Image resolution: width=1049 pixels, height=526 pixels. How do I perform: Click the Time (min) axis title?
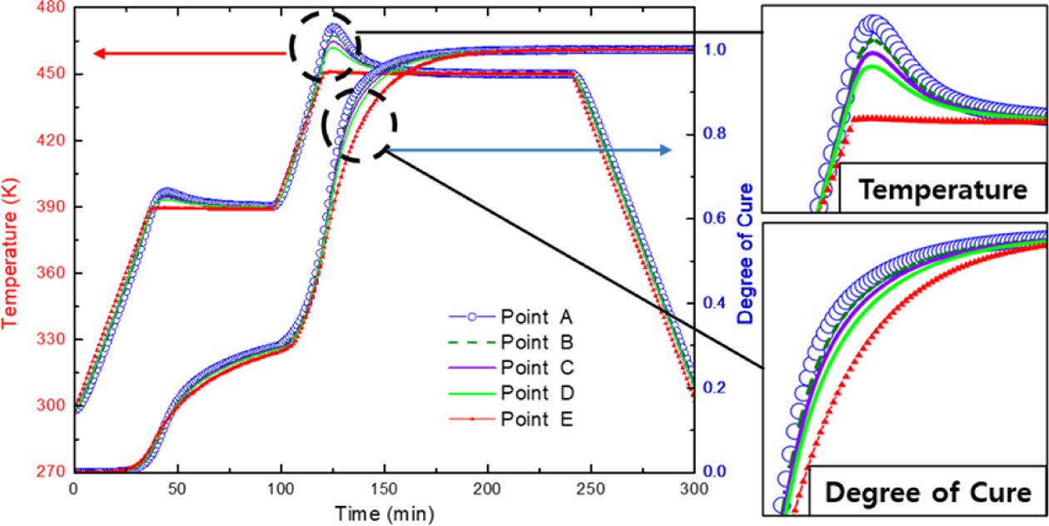(x=383, y=512)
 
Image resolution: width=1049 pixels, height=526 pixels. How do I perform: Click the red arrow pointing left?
(x=191, y=54)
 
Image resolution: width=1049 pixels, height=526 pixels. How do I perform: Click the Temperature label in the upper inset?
(x=942, y=191)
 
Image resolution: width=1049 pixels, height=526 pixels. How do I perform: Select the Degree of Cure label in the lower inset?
(x=927, y=493)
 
